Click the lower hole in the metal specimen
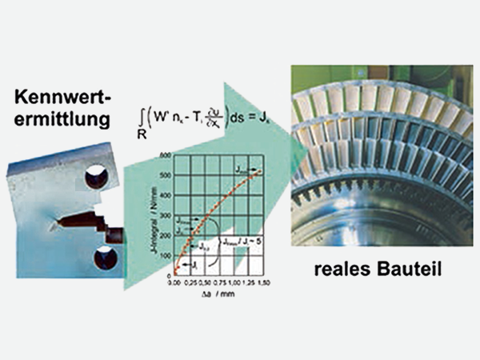[105, 258]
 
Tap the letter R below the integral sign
[142, 136]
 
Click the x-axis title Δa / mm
[215, 294]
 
